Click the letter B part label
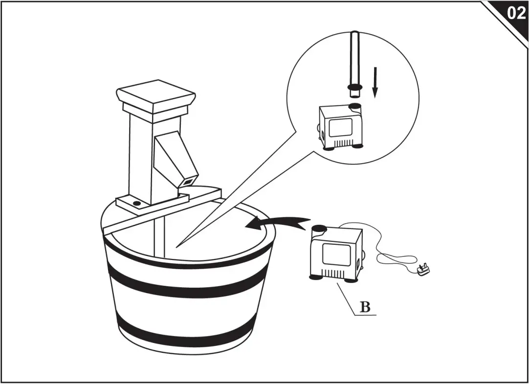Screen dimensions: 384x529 coord(365,307)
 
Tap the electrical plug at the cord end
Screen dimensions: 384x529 coord(423,268)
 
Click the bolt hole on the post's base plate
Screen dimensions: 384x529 coord(137,203)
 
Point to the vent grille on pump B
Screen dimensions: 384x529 coord(334,273)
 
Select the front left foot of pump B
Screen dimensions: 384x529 coord(315,277)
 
